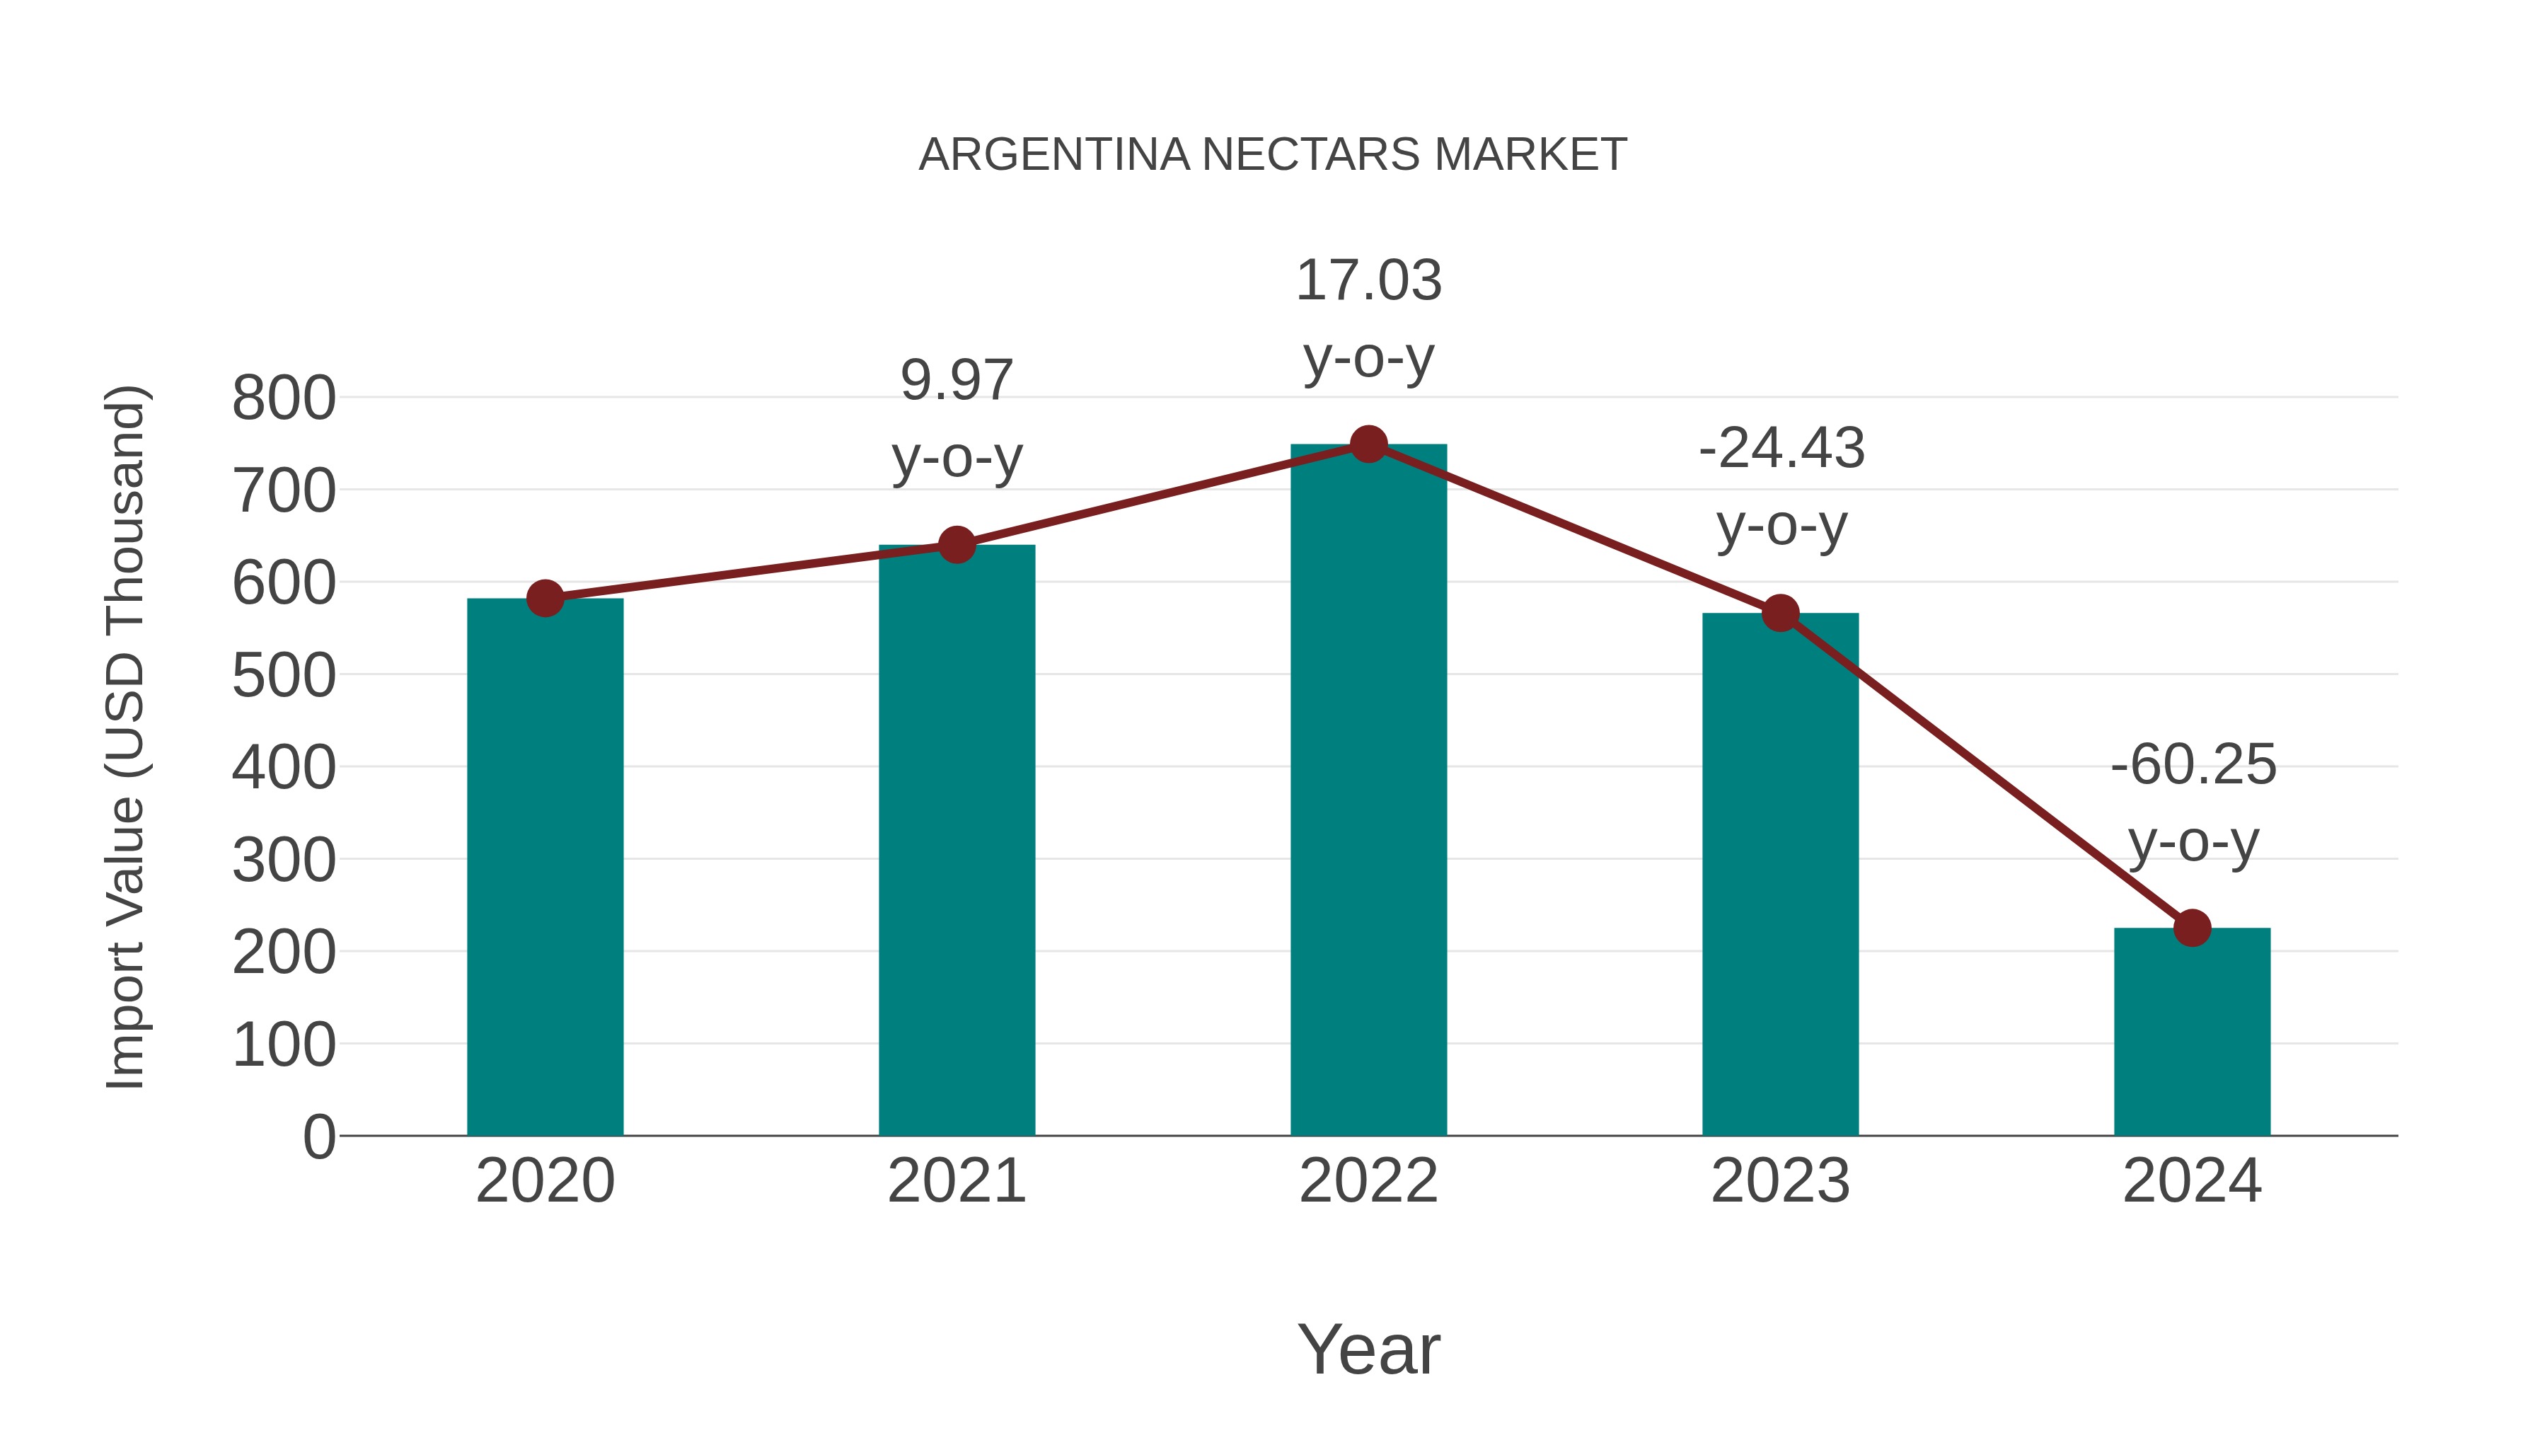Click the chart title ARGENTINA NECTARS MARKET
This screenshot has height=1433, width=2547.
1273,155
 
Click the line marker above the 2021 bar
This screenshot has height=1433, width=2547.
956,544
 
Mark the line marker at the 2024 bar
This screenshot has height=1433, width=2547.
2192,928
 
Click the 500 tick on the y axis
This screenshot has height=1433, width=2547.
284,676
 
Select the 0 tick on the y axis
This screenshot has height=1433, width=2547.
318,1136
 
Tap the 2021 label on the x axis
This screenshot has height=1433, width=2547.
956,1181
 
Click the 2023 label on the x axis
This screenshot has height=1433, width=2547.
1780,1181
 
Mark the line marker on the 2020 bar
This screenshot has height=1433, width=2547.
545,597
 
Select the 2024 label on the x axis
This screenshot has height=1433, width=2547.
2192,1181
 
